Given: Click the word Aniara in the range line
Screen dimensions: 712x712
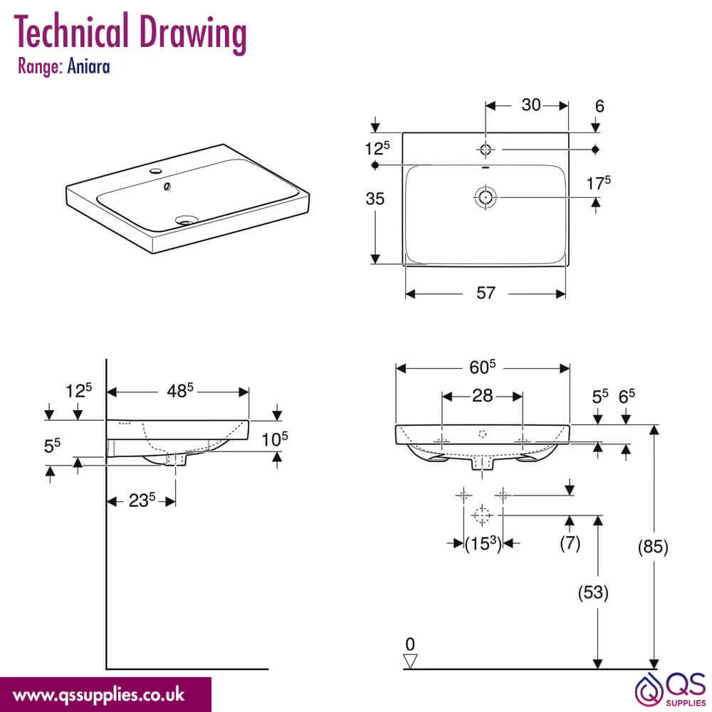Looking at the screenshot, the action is (x=88, y=66).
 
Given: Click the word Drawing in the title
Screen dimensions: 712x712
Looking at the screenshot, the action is (x=193, y=32).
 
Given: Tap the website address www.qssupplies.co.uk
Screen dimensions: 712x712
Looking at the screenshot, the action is (x=98, y=695).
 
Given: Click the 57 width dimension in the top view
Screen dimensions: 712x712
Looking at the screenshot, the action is (x=486, y=293).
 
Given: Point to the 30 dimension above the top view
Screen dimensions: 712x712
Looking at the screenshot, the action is (x=531, y=105).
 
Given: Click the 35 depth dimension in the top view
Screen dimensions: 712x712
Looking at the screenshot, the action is (x=375, y=199).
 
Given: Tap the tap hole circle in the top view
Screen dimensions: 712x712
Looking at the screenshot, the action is (x=486, y=149).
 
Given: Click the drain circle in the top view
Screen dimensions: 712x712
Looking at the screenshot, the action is (x=486, y=197).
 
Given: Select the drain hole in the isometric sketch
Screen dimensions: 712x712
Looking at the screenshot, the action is (x=186, y=220).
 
